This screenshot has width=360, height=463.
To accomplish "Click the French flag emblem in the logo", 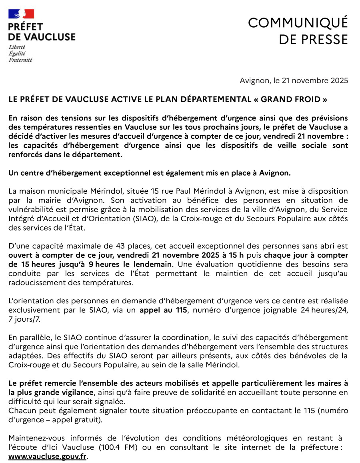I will pyautogui.click(x=22, y=14).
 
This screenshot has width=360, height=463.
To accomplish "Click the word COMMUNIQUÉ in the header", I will pyautogui.click(x=298, y=23).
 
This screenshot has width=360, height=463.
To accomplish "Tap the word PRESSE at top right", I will pyautogui.click(x=323, y=40).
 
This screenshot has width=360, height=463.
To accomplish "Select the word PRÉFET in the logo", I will pyautogui.click(x=26, y=27).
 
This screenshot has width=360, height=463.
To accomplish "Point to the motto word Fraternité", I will pyautogui.click(x=20, y=60).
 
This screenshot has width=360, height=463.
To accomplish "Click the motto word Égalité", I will pyautogui.click(x=17, y=53).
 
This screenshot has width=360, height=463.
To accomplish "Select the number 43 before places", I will pyautogui.click(x=120, y=246).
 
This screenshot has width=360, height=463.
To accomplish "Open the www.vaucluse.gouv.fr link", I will pyautogui.click(x=47, y=456).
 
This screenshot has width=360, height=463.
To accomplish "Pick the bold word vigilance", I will pyautogui.click(x=76, y=392).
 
